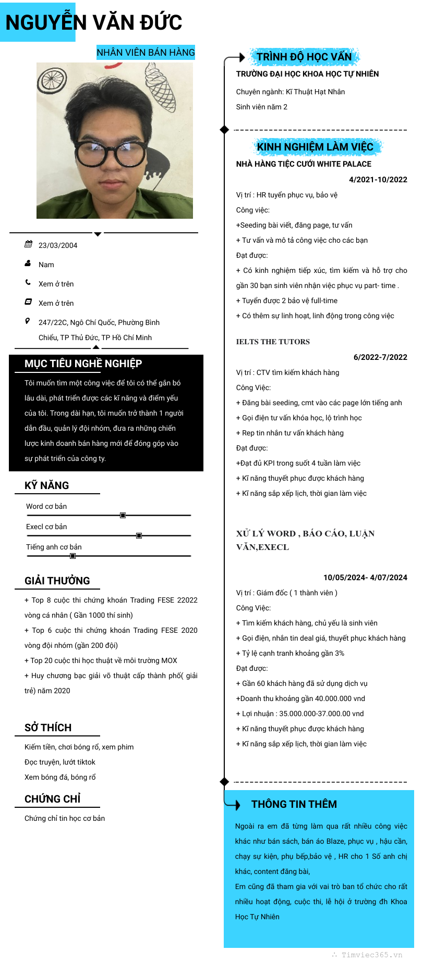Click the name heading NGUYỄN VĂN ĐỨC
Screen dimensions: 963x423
[x=94, y=22]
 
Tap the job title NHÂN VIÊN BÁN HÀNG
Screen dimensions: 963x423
[x=146, y=52]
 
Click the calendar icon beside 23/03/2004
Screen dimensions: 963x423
[x=28, y=244]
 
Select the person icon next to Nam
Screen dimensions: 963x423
[x=28, y=264]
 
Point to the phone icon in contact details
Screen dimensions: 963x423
[x=28, y=283]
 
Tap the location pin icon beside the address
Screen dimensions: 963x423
[x=28, y=321]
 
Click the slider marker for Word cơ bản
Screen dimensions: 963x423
[x=123, y=515]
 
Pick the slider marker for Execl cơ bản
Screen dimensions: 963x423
[x=139, y=535]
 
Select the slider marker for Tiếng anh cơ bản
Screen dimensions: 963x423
[x=72, y=556]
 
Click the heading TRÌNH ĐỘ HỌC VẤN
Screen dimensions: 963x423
[x=304, y=57]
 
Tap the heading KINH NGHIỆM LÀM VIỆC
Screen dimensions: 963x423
[x=315, y=147]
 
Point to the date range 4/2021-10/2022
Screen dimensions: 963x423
[x=378, y=180]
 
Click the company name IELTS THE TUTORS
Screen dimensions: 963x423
[x=273, y=342]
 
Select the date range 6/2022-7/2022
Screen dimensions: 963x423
[x=380, y=357]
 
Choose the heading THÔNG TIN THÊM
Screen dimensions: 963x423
[x=294, y=804]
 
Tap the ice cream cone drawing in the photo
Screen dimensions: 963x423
[x=160, y=85]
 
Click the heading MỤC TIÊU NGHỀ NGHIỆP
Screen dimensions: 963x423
[x=83, y=364]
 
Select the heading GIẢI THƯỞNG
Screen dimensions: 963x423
[x=57, y=581]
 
